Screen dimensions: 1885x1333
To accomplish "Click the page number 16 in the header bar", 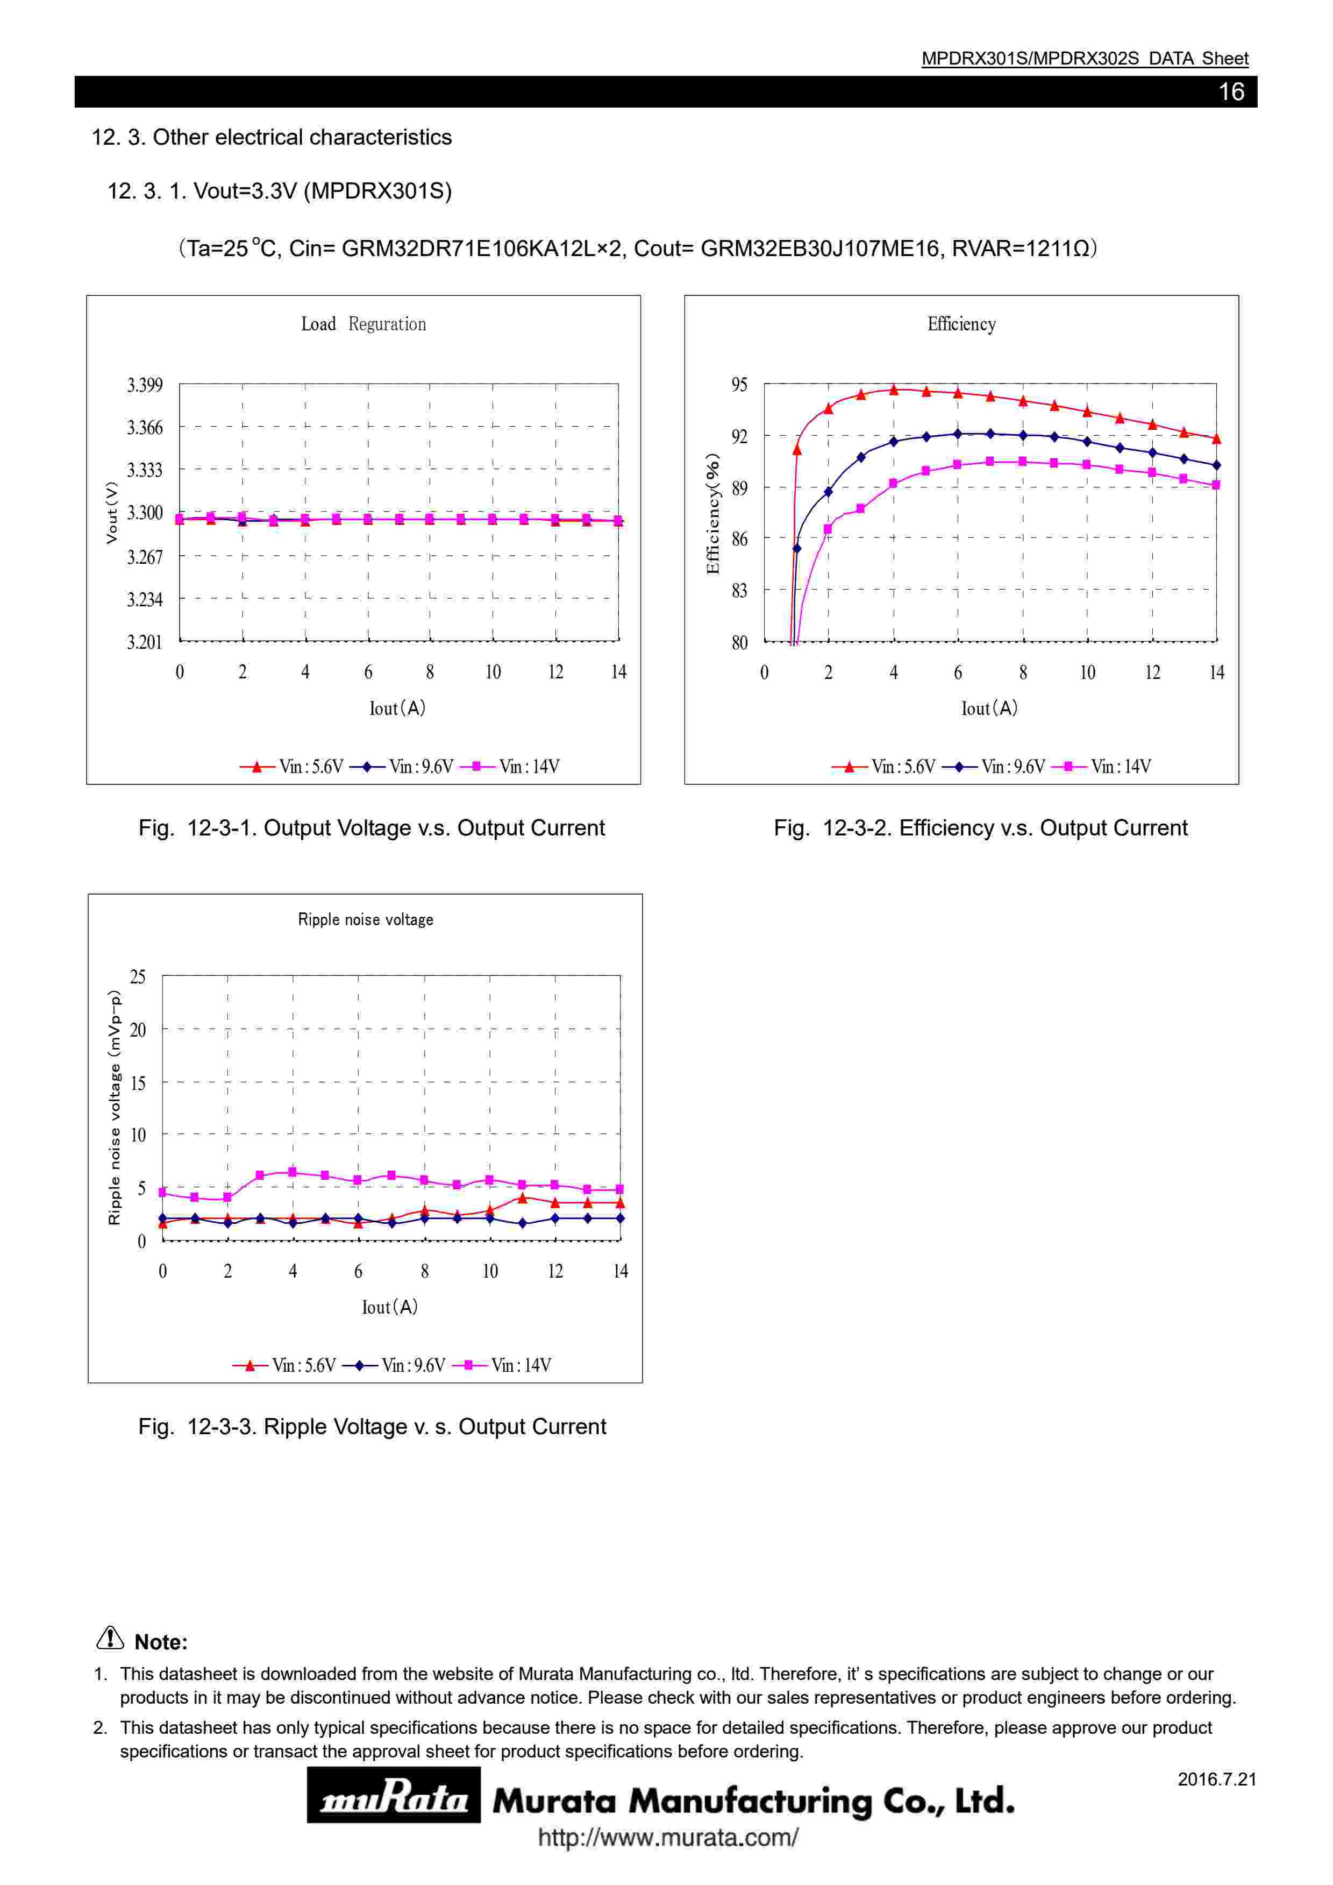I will click(x=1230, y=92).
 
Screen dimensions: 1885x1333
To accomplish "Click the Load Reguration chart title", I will click(x=363, y=324).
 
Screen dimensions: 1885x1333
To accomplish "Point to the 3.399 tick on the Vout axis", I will click(x=145, y=385).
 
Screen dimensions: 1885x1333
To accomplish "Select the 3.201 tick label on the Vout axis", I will click(x=145, y=642).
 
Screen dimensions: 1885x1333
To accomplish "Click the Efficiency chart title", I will click(x=961, y=324).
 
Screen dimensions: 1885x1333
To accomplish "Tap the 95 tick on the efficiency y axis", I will click(x=739, y=385).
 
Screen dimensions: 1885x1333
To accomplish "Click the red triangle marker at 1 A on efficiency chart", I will click(x=796, y=449).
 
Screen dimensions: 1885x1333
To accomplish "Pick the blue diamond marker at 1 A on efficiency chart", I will click(x=796, y=548).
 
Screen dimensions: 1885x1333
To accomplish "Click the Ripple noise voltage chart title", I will click(x=365, y=919).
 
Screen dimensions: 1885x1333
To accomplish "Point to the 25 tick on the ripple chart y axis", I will click(x=138, y=977).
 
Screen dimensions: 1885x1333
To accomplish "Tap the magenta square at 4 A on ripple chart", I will click(x=292, y=1172).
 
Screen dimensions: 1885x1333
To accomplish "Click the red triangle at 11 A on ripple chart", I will click(x=523, y=1198).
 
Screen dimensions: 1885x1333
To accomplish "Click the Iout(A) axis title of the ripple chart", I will click(x=390, y=1307).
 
